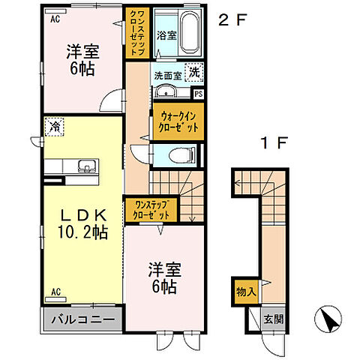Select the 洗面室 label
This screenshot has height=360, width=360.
pyautogui.click(x=168, y=75)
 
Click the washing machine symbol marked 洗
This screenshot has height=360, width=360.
pyautogui.click(x=194, y=73)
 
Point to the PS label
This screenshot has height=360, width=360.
pyautogui.click(x=198, y=94)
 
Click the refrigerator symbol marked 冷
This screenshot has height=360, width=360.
pyautogui.click(x=53, y=127)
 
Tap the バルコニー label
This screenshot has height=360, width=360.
pyautogui.click(x=82, y=320)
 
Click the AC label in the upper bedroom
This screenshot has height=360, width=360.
pyautogui.click(x=54, y=21)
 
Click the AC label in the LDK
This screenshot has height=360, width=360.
pyautogui.click(x=55, y=290)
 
